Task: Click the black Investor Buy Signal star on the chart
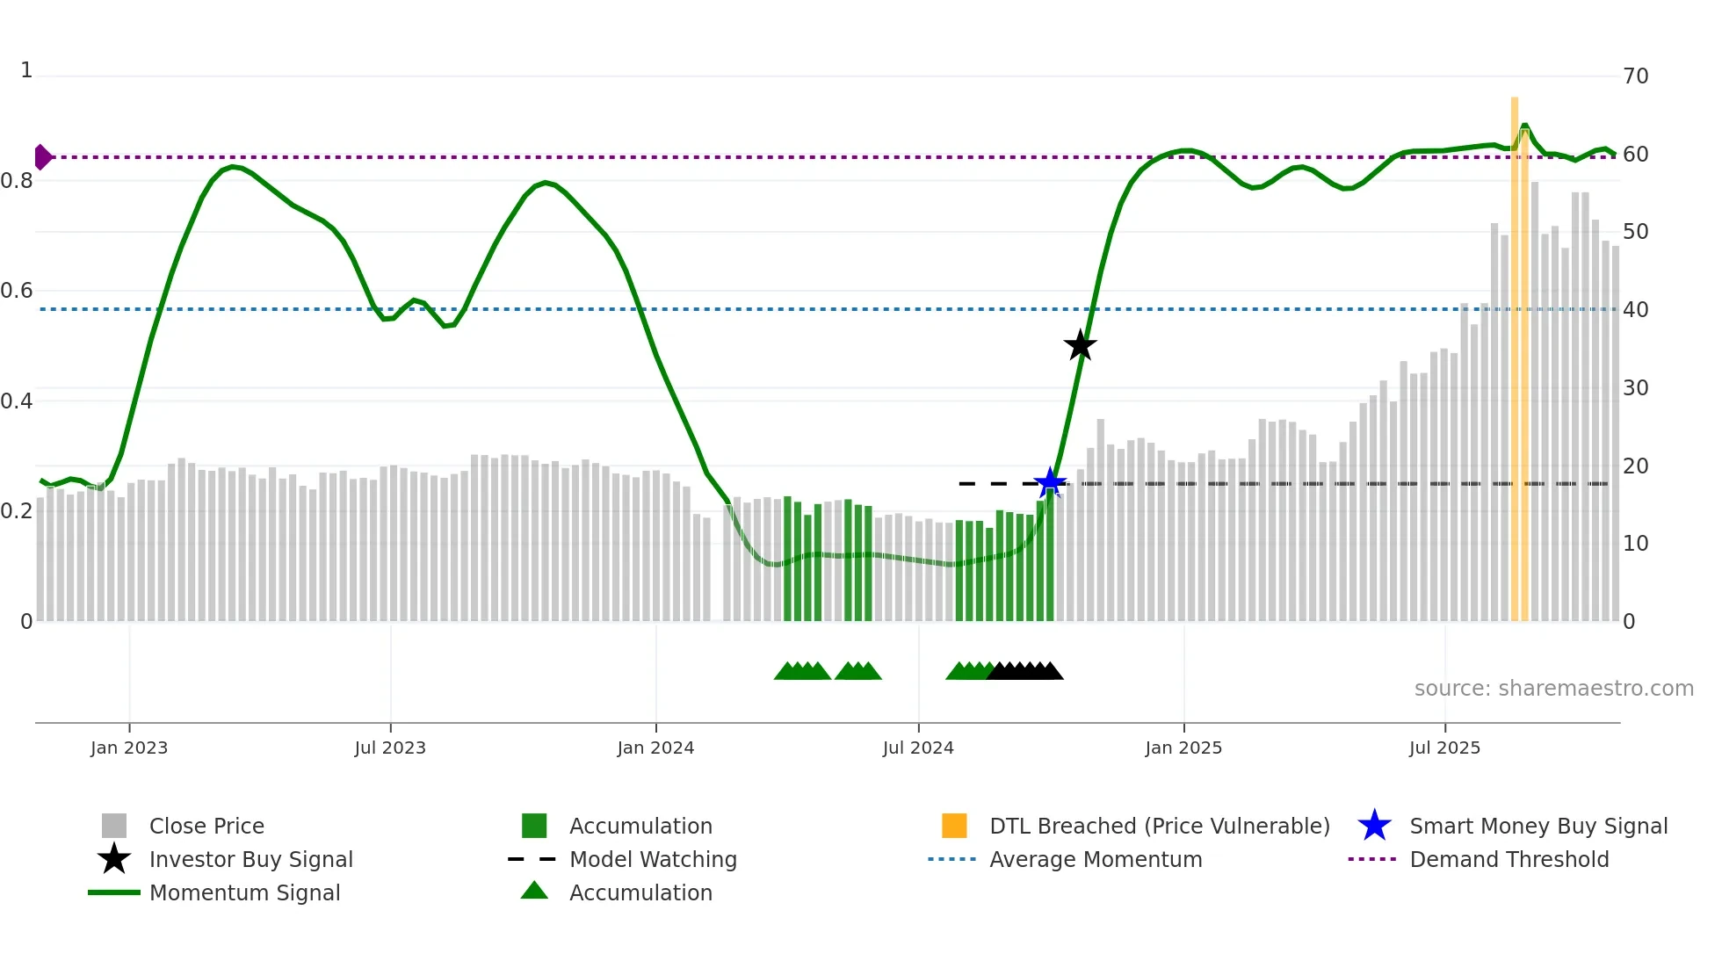(1080, 345)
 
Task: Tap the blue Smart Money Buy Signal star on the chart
(1050, 482)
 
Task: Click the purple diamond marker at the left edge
(42, 157)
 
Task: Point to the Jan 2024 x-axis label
(655, 748)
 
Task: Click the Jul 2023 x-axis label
(390, 748)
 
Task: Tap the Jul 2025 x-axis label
(1444, 748)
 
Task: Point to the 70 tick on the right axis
(1635, 76)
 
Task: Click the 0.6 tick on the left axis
(17, 291)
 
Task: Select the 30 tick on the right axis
(1635, 388)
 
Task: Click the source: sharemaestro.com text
(1553, 689)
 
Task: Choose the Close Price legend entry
(206, 826)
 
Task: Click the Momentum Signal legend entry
(244, 892)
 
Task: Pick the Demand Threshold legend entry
(1509, 859)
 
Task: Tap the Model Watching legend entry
(653, 859)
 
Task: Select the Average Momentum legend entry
(1096, 859)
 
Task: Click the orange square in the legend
(954, 826)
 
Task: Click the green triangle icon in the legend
(534, 892)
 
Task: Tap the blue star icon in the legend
(1374, 826)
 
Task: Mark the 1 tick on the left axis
(26, 70)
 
